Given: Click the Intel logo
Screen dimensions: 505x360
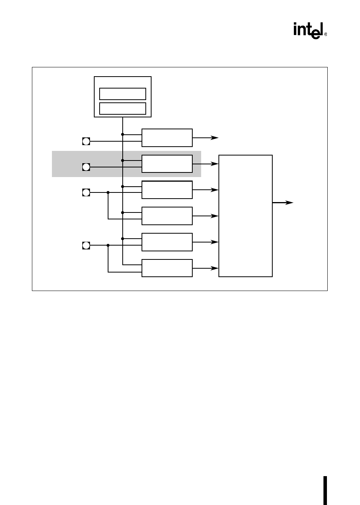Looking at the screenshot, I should click(308, 30).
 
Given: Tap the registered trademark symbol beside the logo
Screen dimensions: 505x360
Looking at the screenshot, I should click(326, 34).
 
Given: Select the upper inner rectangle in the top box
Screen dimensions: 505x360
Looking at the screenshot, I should click(123, 94).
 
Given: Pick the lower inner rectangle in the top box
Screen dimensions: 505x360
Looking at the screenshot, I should click(123, 109).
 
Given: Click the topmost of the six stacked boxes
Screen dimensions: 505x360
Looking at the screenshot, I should click(167, 138).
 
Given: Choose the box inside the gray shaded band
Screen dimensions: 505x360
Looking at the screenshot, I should click(167, 164).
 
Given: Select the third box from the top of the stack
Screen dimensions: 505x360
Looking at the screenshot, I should click(167, 190).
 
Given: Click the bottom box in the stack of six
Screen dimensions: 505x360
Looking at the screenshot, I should click(167, 268).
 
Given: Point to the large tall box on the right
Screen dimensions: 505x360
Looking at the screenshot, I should click(245, 216).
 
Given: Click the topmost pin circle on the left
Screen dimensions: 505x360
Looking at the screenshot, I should click(86, 141).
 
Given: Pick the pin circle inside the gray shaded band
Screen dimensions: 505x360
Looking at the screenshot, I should click(86, 167).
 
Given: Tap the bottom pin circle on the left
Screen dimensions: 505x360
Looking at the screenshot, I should click(86, 245).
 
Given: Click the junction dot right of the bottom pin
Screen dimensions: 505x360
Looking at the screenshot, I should click(108, 245).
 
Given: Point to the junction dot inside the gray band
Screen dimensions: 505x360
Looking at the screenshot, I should click(123, 160).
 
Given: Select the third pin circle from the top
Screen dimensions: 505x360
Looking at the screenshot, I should click(86, 192).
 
